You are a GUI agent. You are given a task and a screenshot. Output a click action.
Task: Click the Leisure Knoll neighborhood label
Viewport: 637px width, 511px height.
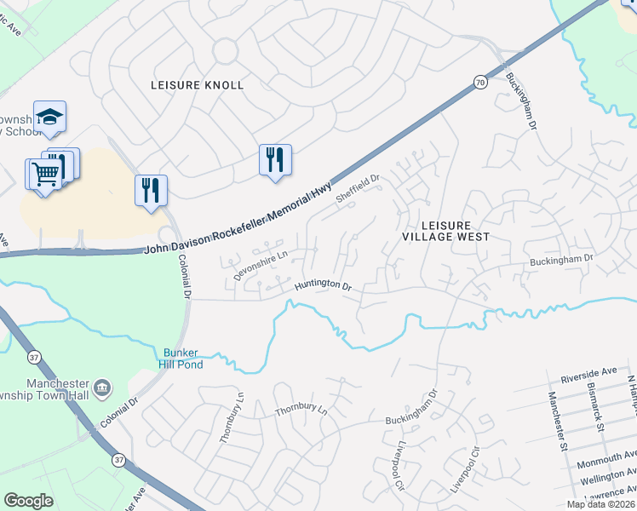point(197,85)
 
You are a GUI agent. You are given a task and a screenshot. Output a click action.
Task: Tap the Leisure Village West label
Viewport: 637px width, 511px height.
point(445,231)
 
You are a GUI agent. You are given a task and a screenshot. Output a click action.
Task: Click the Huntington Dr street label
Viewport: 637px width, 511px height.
point(324,286)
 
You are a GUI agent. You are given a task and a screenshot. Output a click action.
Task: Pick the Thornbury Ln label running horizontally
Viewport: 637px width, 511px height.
point(301,411)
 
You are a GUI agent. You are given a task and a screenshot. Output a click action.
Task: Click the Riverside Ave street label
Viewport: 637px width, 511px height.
point(587,376)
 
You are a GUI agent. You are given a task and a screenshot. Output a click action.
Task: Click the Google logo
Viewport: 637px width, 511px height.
point(29,501)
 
